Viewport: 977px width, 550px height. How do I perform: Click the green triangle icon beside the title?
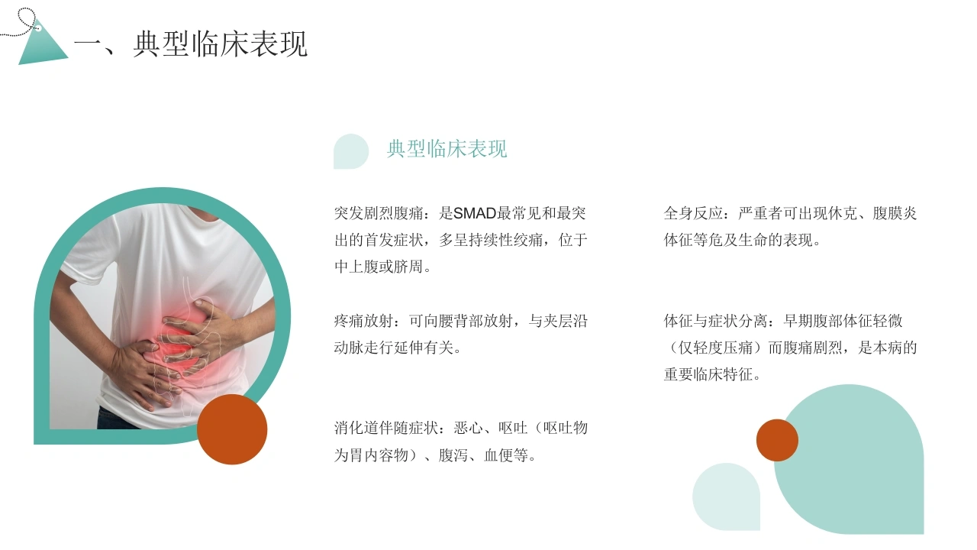41,46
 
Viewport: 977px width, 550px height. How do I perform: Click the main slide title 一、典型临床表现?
191,44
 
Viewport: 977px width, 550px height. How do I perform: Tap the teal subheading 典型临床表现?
447,149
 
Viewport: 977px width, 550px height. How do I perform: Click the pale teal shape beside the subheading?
350,151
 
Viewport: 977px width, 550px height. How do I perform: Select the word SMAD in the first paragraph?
475,213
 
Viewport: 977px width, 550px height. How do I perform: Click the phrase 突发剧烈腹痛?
379,213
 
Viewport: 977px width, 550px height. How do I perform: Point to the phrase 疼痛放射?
363,322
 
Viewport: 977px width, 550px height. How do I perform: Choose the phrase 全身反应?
693,213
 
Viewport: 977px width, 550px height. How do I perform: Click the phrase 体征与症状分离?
715,322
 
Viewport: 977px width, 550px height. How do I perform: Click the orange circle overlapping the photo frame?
232,429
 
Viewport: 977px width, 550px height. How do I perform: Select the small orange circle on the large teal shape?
777,440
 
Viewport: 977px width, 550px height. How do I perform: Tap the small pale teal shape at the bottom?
726,497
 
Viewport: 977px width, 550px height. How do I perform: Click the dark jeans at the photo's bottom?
114,419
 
